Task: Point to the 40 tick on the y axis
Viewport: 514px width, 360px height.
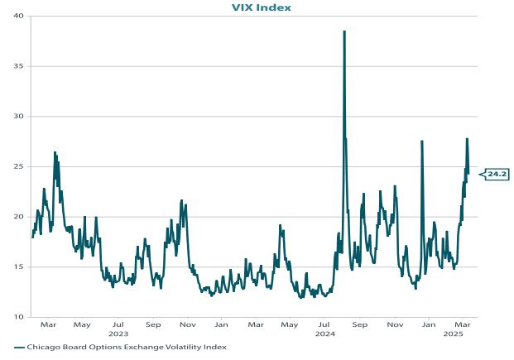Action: pyautogui.click(x=18, y=16)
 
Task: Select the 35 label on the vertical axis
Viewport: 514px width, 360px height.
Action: pyautogui.click(x=18, y=66)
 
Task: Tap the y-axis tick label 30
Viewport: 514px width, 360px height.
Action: pyautogui.click(x=18, y=117)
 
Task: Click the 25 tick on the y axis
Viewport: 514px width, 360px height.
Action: pyautogui.click(x=18, y=166)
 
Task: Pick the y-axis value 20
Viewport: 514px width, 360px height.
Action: pyautogui.click(x=18, y=217)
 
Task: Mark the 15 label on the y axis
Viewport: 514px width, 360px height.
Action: pyautogui.click(x=18, y=266)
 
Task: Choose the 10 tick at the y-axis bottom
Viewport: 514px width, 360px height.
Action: pyautogui.click(x=18, y=317)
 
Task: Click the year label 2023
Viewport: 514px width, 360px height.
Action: pyautogui.click(x=118, y=334)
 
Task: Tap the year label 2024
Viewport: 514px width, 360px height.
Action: pyautogui.click(x=324, y=334)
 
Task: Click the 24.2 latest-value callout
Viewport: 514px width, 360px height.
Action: pyautogui.click(x=497, y=174)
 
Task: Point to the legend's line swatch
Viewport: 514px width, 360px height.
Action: pyautogui.click(x=19, y=347)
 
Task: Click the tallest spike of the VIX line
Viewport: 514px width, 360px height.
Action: pyautogui.click(x=344, y=31)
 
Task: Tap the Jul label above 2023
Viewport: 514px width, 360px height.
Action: pyautogui.click(x=118, y=325)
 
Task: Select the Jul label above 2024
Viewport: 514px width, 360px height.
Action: pyautogui.click(x=324, y=325)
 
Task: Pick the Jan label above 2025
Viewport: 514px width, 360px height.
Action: pyautogui.click(x=429, y=325)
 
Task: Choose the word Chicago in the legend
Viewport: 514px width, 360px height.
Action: pyautogui.click(x=43, y=347)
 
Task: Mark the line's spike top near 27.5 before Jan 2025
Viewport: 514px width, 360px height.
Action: pyautogui.click(x=422, y=141)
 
